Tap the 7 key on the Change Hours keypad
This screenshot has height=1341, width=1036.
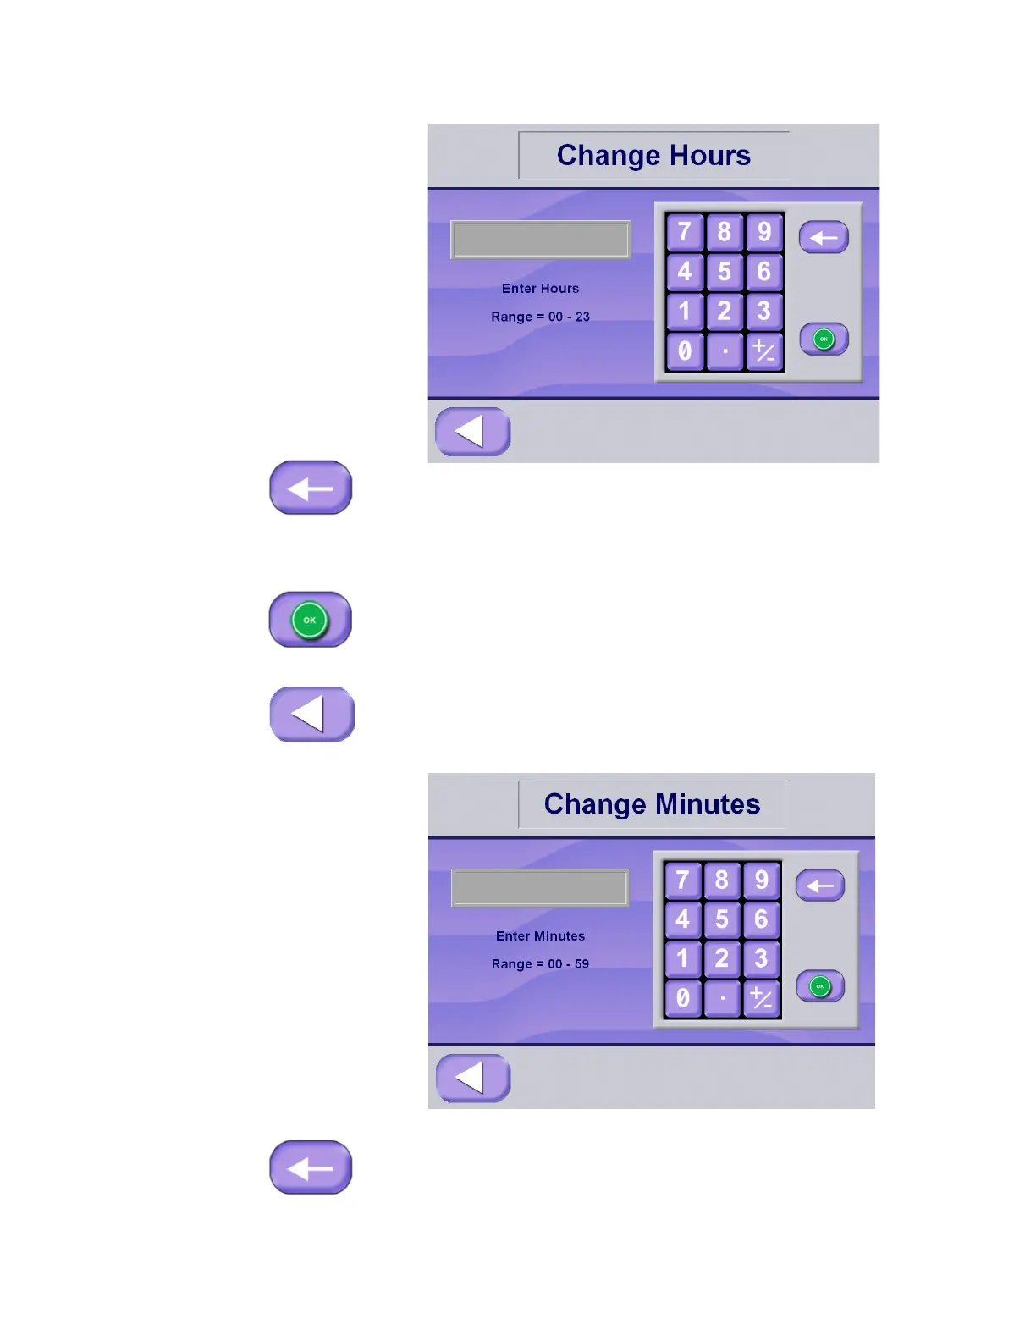pyautogui.click(x=685, y=232)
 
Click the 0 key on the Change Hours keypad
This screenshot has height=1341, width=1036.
pyautogui.click(x=685, y=350)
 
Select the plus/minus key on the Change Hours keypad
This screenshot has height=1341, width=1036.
pyautogui.click(x=763, y=350)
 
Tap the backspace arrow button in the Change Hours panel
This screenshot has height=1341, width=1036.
pyautogui.click(x=824, y=238)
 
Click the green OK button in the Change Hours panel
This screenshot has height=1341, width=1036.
pyautogui.click(x=824, y=339)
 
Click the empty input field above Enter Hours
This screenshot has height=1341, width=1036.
pyautogui.click(x=540, y=240)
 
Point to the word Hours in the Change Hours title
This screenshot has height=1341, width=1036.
pyautogui.click(x=709, y=156)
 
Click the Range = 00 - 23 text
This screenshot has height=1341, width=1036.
pyautogui.click(x=540, y=317)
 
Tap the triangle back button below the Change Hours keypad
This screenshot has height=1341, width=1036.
pyautogui.click(x=472, y=432)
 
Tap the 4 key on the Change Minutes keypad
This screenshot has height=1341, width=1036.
pyautogui.click(x=682, y=919)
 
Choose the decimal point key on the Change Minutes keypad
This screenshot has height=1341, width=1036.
pyautogui.click(x=722, y=998)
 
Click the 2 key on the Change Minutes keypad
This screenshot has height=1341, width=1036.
pyautogui.click(x=722, y=958)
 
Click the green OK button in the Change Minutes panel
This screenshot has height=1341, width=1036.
pyautogui.click(x=820, y=986)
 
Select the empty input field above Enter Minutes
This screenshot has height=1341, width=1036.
pyautogui.click(x=540, y=888)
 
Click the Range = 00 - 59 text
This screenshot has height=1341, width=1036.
pyautogui.click(x=540, y=964)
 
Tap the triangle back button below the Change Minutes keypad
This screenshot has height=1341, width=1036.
pyautogui.click(x=472, y=1078)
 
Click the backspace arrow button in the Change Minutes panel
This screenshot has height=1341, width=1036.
pyautogui.click(x=820, y=886)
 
